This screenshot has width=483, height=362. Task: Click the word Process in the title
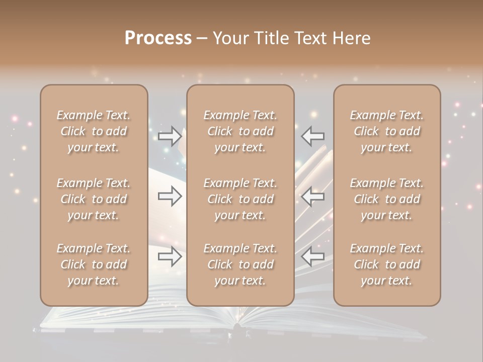pos(158,38)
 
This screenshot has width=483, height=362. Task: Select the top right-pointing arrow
pos(170,135)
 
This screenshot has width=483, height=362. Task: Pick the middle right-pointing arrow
pos(170,196)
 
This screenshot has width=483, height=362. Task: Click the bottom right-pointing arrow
pos(170,257)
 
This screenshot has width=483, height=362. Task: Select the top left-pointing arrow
pos(313,135)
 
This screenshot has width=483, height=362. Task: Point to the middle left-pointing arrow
pos(313,196)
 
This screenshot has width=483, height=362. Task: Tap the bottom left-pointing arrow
pos(313,257)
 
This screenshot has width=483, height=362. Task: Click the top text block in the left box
pos(94,131)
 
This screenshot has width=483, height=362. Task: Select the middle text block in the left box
pos(94,199)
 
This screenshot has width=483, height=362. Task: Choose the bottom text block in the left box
pos(94,264)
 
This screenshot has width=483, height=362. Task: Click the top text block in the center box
pos(240,131)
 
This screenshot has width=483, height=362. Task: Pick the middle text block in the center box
pos(240,199)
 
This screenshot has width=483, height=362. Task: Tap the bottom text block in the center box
pos(240,264)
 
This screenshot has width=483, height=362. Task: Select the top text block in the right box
pos(387,131)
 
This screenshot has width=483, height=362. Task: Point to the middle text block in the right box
pos(387,199)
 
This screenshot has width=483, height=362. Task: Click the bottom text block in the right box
pos(387,264)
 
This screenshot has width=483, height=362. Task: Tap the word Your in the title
pos(229,38)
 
